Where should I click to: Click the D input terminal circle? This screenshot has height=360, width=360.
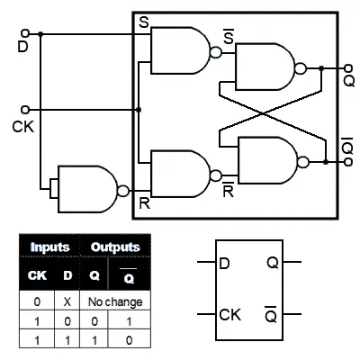coord(25,32)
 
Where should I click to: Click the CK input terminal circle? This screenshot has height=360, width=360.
coord(25,110)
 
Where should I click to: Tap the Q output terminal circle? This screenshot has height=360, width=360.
coord(348,68)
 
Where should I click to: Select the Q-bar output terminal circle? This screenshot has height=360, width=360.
coord(348,162)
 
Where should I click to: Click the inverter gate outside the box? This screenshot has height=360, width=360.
coord(90,189)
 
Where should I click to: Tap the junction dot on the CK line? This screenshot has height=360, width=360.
coord(139,110)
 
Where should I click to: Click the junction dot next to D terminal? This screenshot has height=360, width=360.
coord(40,34)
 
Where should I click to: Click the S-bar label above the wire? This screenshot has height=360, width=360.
coord(229,36)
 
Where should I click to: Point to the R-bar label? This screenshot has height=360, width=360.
coord(229,190)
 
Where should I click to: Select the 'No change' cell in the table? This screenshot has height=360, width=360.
coord(115,301)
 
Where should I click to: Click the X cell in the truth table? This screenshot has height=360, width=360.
coord(67,301)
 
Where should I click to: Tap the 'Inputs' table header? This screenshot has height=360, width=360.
coord(49,247)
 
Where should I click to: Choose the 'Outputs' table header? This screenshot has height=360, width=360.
coord(115,247)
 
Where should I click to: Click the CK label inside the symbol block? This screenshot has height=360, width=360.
coord(230,315)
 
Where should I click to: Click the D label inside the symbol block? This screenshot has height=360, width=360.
coord(225,263)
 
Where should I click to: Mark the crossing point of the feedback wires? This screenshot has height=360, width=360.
coord(263,113)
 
